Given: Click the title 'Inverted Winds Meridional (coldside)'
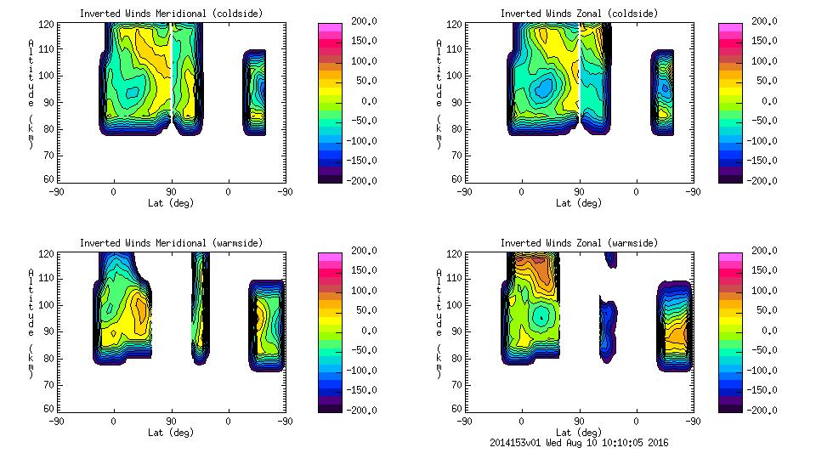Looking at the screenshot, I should point(171,14).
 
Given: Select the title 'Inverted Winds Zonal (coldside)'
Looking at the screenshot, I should point(579,14).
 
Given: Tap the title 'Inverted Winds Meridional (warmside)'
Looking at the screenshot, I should point(171,243).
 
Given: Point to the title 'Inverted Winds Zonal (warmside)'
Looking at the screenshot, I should point(579,243).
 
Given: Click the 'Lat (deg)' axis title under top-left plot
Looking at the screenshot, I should point(171,203).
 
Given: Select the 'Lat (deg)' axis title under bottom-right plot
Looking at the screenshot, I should point(579,433).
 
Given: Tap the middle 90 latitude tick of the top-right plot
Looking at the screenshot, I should point(579,192).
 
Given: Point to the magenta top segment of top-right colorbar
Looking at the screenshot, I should point(729,28).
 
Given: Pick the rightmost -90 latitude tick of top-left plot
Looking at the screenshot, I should point(285,192).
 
